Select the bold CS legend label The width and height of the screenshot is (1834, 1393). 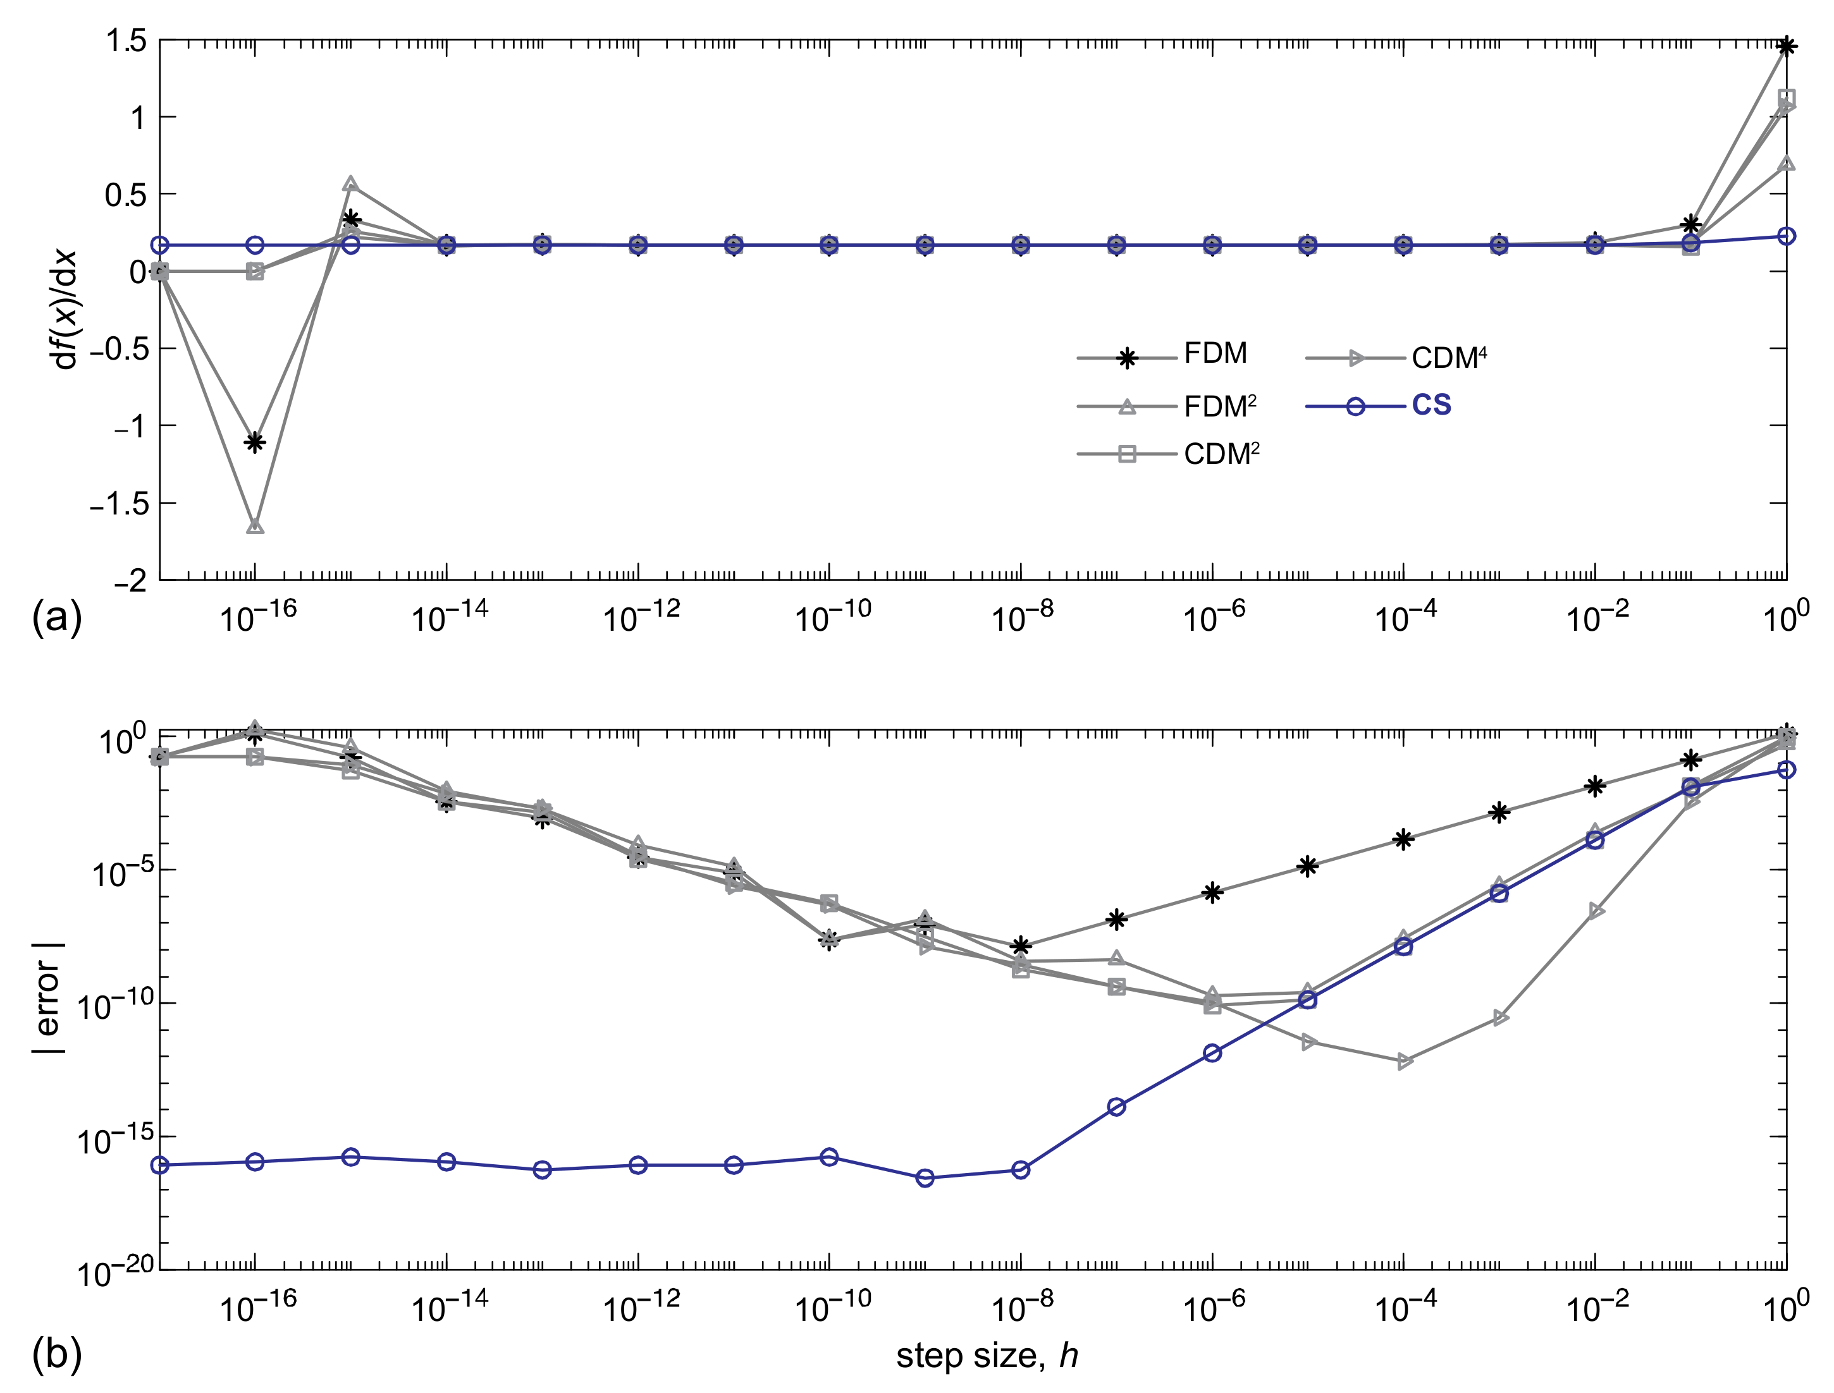[x=1432, y=406]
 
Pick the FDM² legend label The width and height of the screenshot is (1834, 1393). [x=1220, y=406]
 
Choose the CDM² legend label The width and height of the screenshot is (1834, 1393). [x=1222, y=454]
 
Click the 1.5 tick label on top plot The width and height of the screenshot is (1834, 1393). [x=126, y=40]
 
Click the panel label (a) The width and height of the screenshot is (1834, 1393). [x=56, y=617]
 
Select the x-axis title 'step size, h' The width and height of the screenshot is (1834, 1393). [x=987, y=1356]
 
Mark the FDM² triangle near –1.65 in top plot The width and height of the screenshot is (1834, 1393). [x=255, y=526]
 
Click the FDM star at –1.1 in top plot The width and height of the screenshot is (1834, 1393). [x=255, y=441]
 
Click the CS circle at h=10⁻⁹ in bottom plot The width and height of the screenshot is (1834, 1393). [x=925, y=1178]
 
